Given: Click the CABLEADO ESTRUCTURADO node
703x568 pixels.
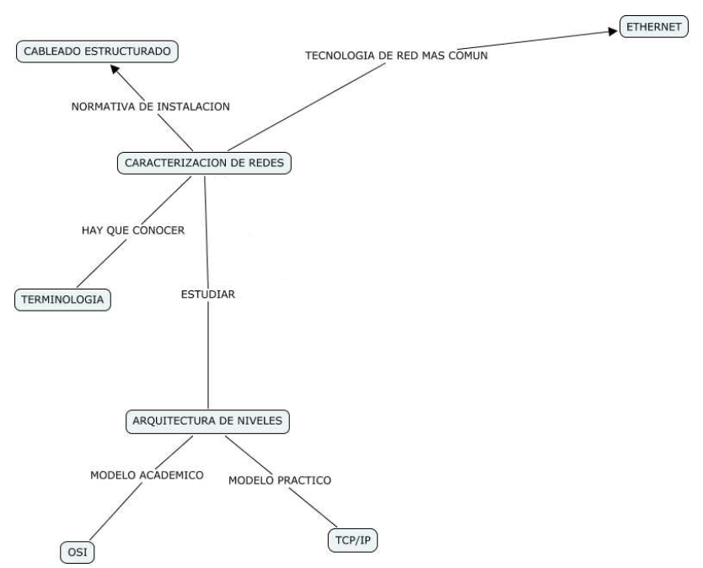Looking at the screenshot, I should pyautogui.click(x=98, y=52).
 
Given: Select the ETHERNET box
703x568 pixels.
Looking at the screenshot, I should pyautogui.click(x=652, y=26).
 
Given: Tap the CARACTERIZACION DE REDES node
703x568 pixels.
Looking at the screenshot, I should pyautogui.click(x=203, y=163).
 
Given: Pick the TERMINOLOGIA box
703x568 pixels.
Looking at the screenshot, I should pyautogui.click(x=63, y=299).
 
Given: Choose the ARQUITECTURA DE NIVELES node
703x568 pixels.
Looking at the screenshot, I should pyautogui.click(x=211, y=420).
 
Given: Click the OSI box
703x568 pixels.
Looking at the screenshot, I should pyautogui.click(x=77, y=553).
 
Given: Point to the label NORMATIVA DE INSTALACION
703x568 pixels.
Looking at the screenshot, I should pyautogui.click(x=150, y=107).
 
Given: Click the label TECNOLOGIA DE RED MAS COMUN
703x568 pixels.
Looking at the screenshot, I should pyautogui.click(x=396, y=56).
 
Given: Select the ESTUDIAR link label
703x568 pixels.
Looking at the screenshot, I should pyautogui.click(x=207, y=295).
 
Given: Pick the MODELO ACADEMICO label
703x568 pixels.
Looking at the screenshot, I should pyautogui.click(x=147, y=475).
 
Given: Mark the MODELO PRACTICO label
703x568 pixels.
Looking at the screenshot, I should pyautogui.click(x=280, y=480).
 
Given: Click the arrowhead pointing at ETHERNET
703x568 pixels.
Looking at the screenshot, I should pyautogui.click(x=613, y=32).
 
